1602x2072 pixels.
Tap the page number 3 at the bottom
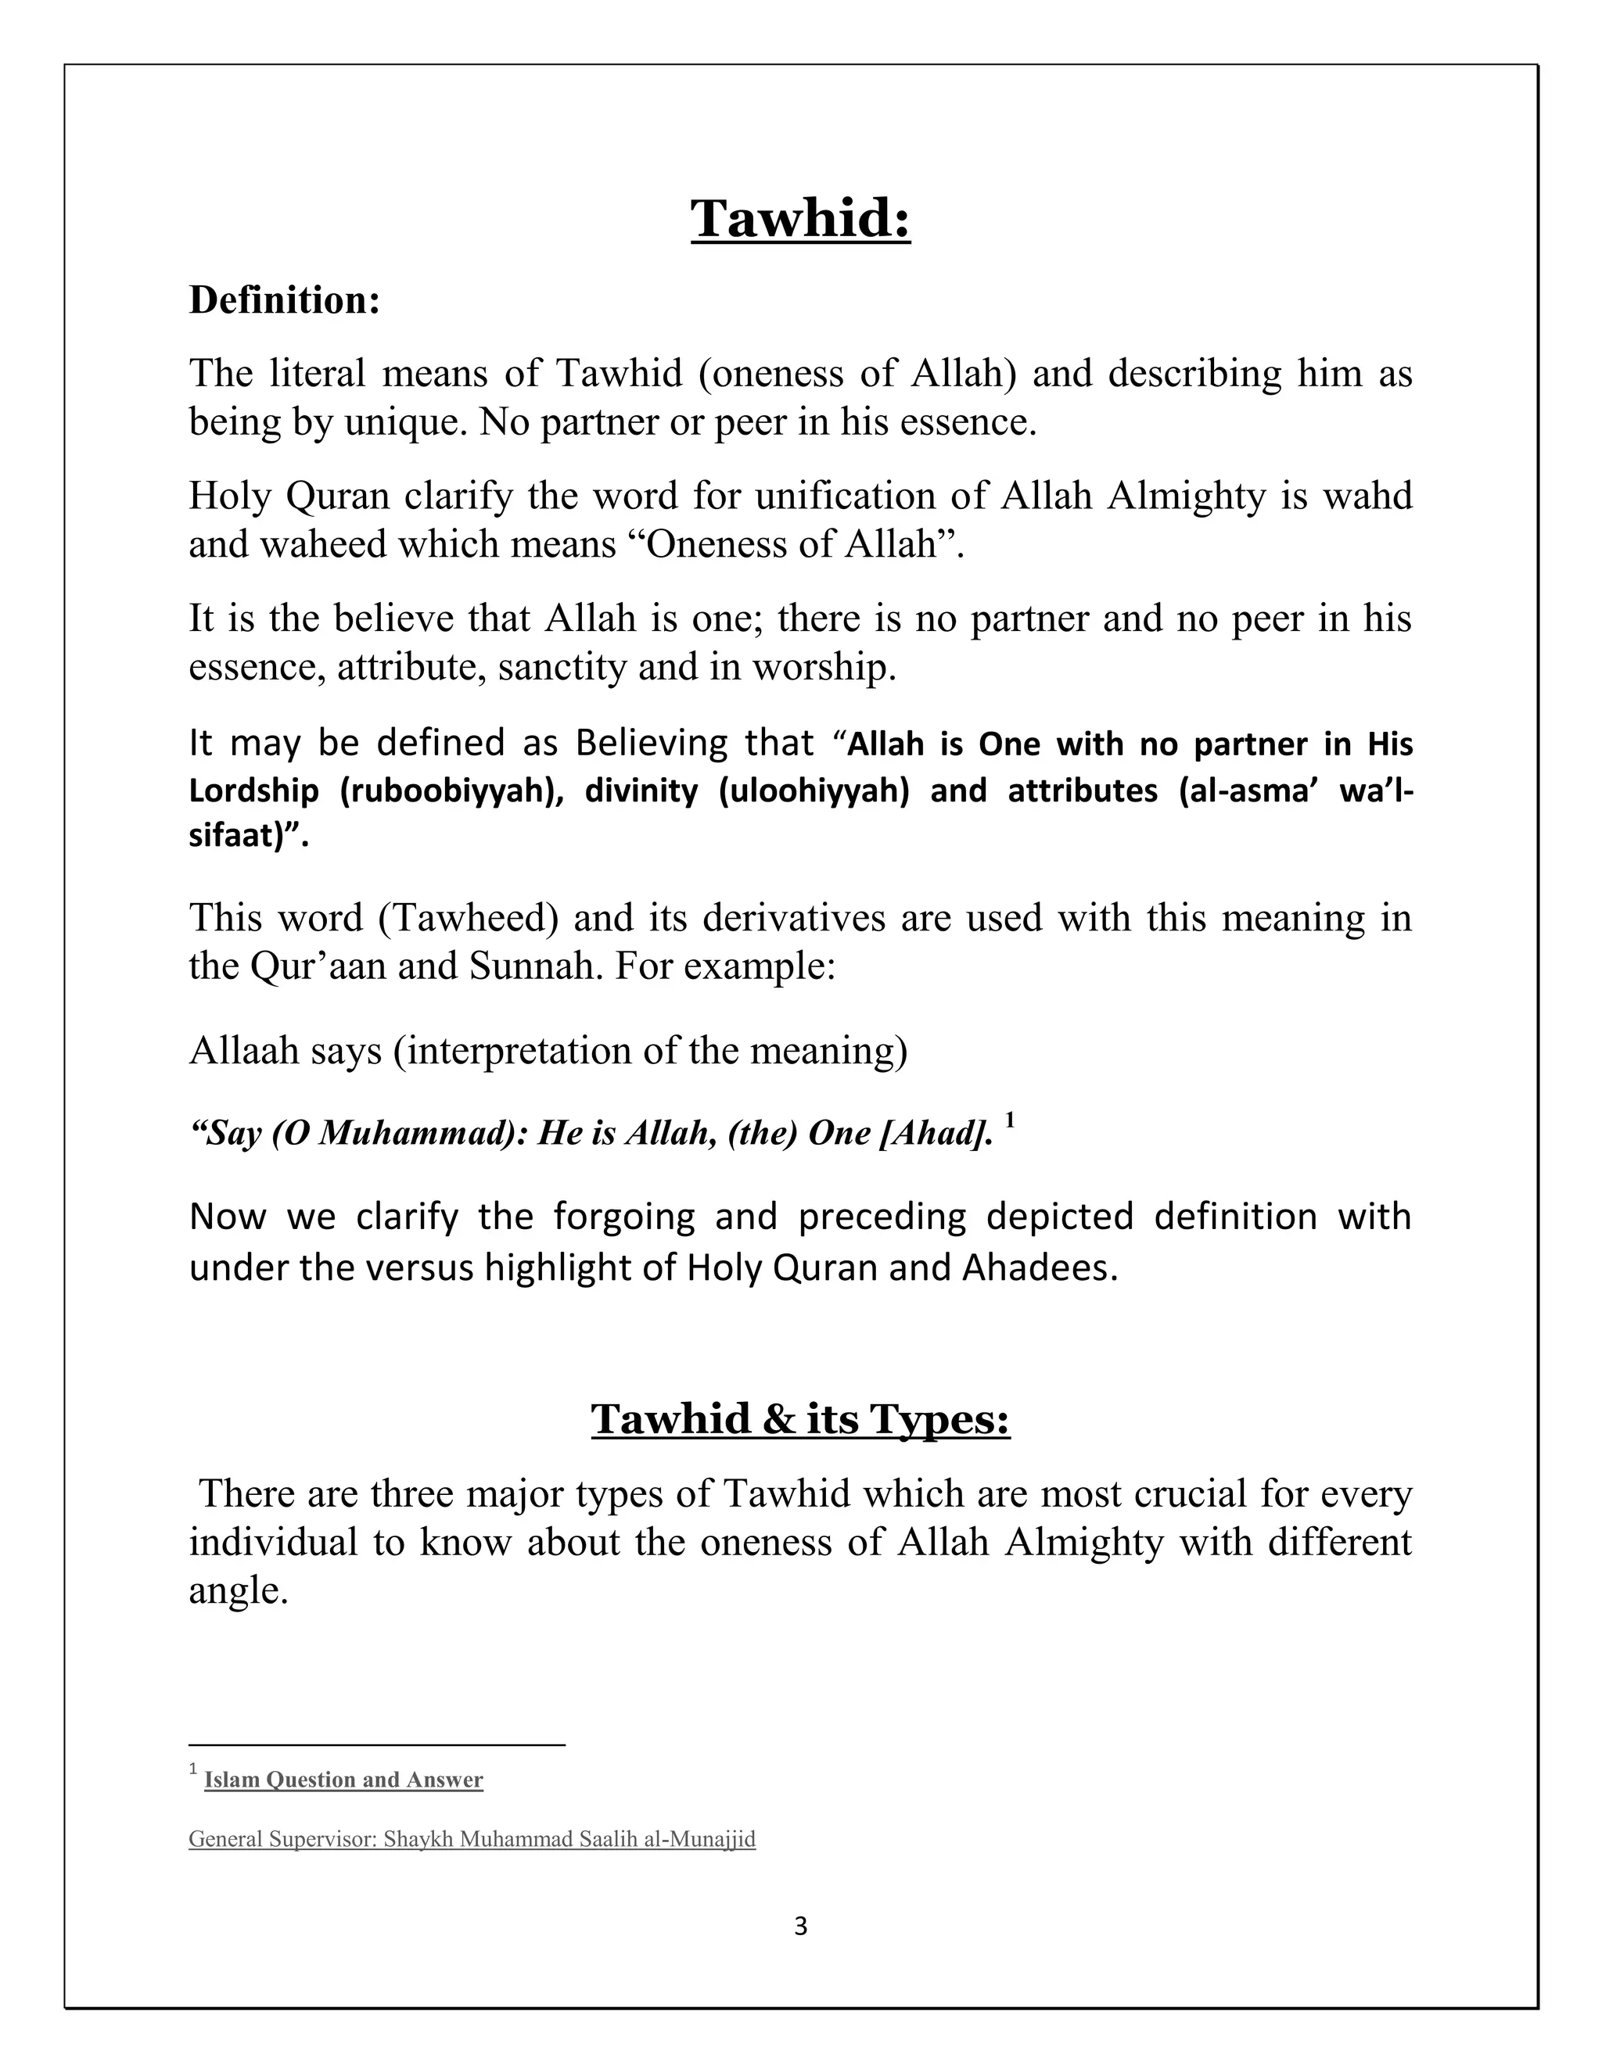tap(800, 1927)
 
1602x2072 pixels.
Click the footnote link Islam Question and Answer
tap(343, 1780)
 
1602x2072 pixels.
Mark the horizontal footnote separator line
tap(377, 1744)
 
